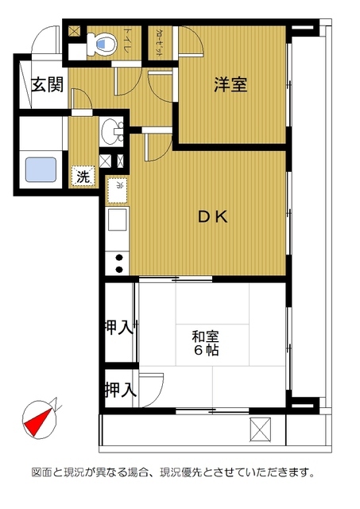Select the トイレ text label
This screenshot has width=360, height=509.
(x=127, y=41)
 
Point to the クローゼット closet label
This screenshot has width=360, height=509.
(x=161, y=41)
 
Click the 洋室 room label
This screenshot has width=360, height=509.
(x=230, y=85)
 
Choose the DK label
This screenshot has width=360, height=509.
(x=213, y=216)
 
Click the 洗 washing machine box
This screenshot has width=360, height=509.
(x=83, y=177)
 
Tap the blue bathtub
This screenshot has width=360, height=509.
(x=40, y=171)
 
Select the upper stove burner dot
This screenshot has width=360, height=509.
(x=119, y=257)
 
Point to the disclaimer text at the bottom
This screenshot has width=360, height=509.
(x=180, y=472)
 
